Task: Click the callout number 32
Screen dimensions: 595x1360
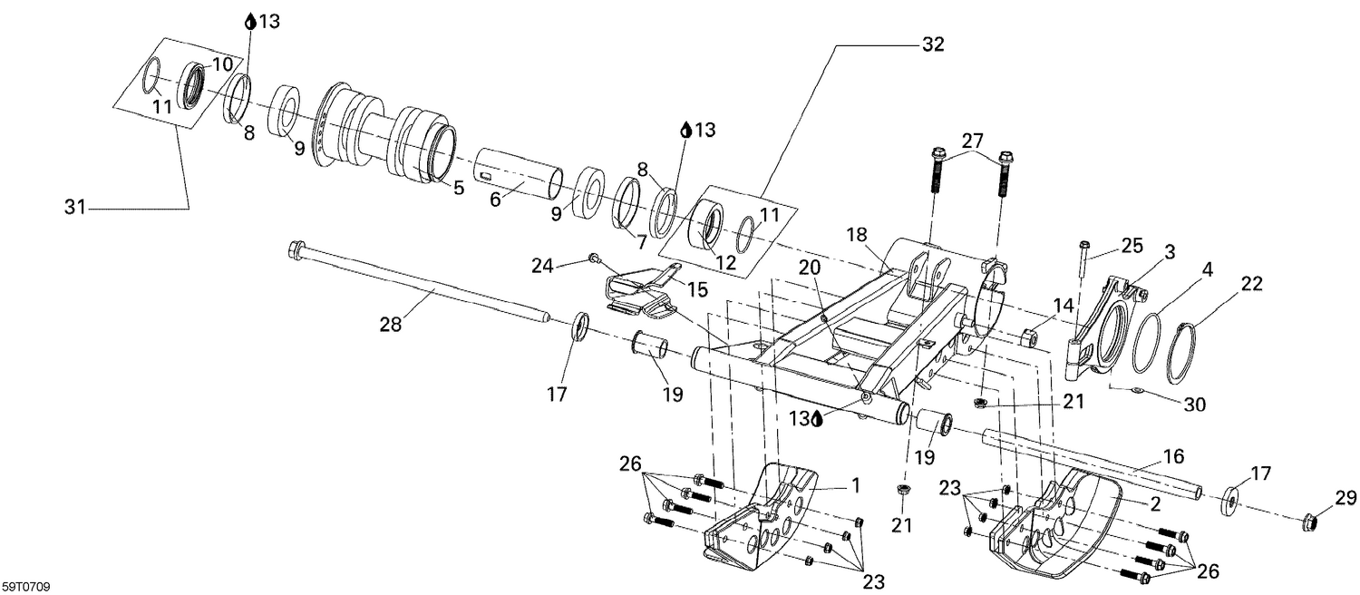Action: point(933,44)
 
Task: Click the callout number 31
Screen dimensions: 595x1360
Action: point(74,208)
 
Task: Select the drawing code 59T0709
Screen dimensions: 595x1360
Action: point(25,587)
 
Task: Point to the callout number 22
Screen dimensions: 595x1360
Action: point(1252,284)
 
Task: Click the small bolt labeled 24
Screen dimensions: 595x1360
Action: point(593,258)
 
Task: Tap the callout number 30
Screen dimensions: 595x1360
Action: point(1195,405)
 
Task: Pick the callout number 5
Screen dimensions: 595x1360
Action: point(458,188)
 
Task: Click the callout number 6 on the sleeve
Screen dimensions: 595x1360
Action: point(495,200)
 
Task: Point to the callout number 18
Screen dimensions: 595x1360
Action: point(858,235)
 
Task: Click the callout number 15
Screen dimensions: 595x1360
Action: point(697,289)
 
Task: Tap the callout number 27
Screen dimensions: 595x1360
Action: point(972,141)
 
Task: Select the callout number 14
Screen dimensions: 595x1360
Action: point(1063,306)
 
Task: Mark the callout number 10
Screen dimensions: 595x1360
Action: point(222,63)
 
